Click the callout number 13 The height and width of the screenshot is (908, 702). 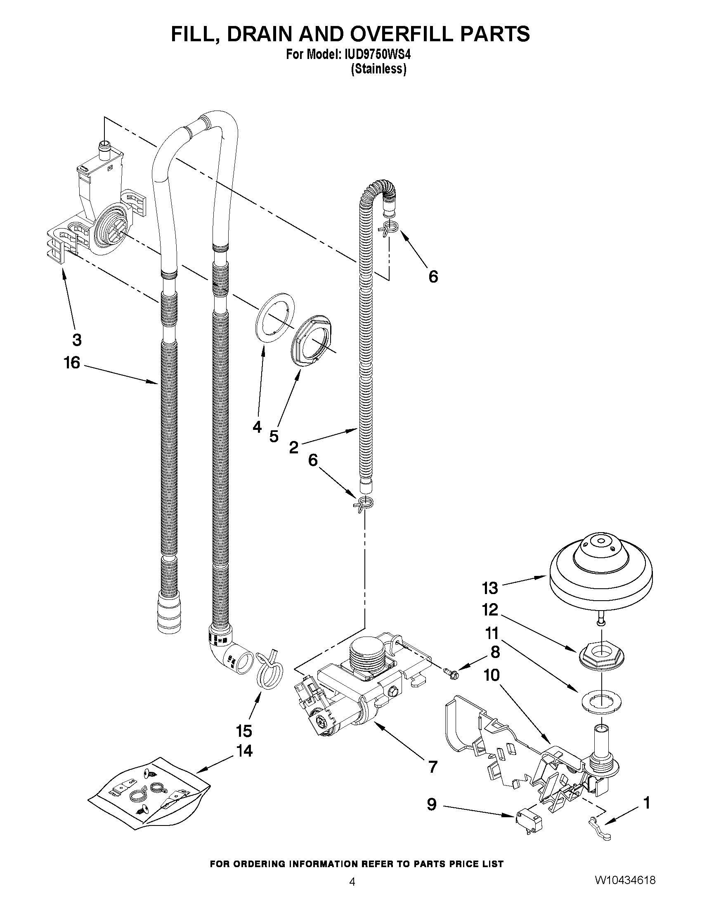[x=490, y=588]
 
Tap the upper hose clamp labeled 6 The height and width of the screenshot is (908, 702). [x=389, y=228]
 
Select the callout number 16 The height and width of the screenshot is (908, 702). [x=71, y=363]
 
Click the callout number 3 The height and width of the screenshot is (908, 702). [x=76, y=340]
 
